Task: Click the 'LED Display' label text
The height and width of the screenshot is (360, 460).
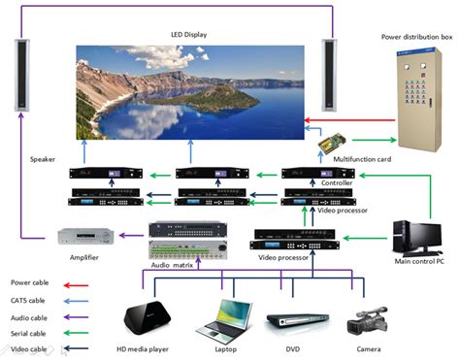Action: (x=190, y=34)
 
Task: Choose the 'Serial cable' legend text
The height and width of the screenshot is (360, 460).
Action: (x=29, y=333)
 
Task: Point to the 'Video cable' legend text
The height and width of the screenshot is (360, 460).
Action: (x=28, y=349)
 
